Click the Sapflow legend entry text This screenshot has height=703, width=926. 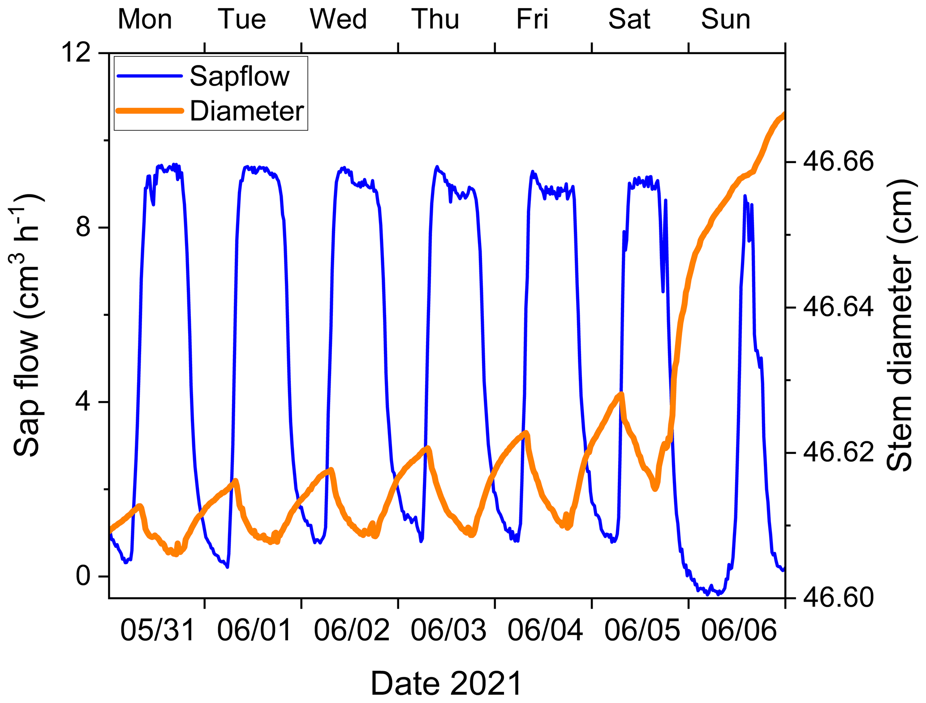point(239,76)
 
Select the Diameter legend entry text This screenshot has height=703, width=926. point(247,111)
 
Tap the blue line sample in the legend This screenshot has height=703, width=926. point(150,76)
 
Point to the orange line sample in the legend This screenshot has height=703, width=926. point(150,111)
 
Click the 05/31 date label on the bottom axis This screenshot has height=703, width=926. point(158,630)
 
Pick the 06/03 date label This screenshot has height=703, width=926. point(448,630)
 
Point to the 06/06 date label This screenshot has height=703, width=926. point(739,630)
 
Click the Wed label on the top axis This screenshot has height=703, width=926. point(338,19)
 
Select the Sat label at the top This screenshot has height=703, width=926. point(629,19)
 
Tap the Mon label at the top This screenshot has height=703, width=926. point(145,19)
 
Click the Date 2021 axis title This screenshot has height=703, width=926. point(447,683)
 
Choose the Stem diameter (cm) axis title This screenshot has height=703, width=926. point(899,325)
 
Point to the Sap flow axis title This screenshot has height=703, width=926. point(28,325)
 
